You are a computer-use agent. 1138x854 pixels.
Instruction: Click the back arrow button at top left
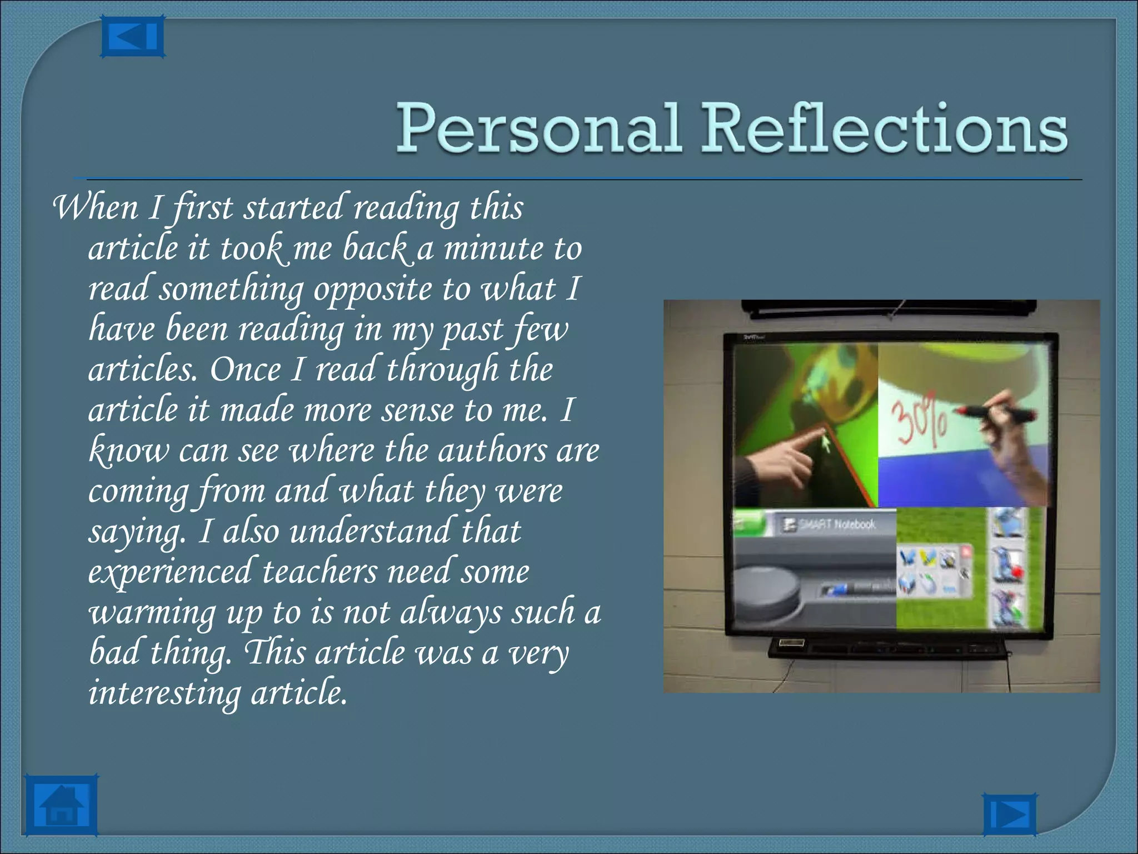(132, 37)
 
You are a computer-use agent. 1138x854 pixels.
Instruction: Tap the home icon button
(61, 806)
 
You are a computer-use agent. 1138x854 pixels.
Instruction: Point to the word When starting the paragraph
(95, 207)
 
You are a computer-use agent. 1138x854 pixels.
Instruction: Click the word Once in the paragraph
(245, 370)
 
